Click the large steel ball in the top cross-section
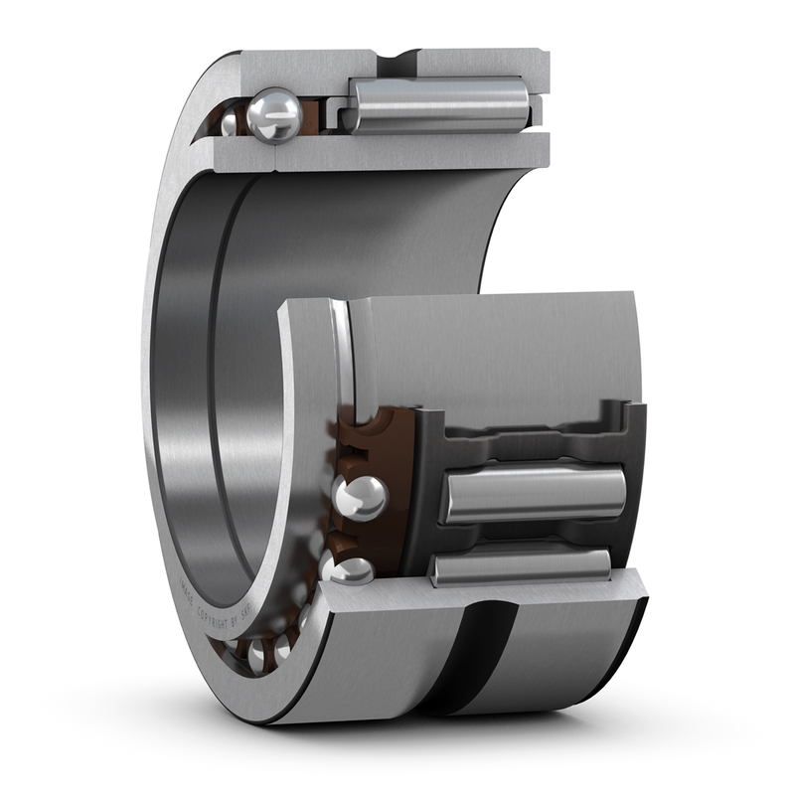(275, 115)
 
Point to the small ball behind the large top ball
(230, 122)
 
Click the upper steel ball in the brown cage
(360, 498)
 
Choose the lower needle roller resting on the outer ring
(519, 565)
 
